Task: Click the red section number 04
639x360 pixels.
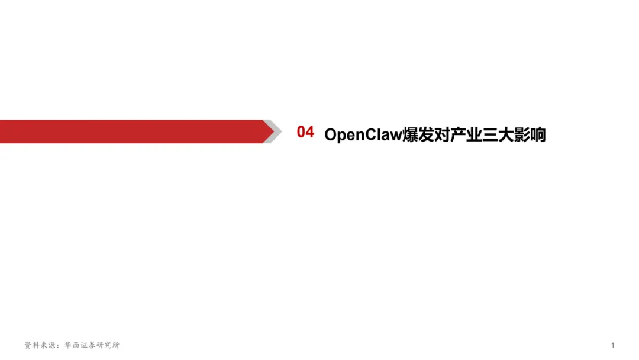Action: tap(305, 132)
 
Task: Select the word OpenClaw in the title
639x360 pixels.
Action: tap(363, 135)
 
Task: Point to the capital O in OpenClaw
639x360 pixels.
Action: tap(331, 135)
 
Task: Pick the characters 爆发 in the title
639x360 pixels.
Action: tap(418, 135)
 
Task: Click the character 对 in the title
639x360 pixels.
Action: tap(443, 135)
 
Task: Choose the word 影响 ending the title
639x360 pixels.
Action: tap(530, 135)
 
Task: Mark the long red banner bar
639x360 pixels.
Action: tap(130, 131)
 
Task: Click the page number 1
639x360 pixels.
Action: tap(613, 345)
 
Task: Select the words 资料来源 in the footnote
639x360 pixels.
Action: tap(39, 345)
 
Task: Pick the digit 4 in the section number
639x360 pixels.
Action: tap(309, 132)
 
